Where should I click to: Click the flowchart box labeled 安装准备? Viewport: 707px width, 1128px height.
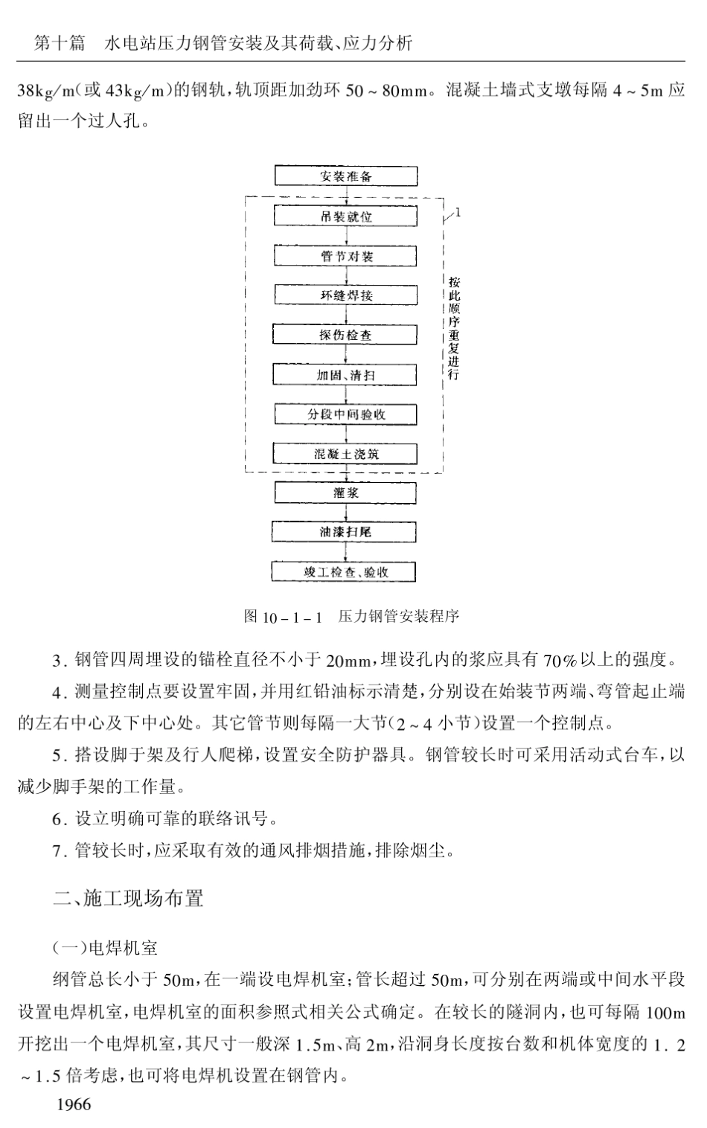tap(345, 176)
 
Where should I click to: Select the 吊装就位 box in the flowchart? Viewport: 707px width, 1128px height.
tap(345, 217)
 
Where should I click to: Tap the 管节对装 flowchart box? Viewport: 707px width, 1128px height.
tap(345, 256)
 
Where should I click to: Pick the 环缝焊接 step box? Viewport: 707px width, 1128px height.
tap(345, 295)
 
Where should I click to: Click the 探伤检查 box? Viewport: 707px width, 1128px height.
tap(345, 335)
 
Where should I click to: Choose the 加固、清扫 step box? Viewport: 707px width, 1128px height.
tap(345, 375)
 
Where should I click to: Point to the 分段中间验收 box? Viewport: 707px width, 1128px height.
tap(345, 414)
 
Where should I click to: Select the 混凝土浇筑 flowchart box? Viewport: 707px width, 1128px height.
tap(345, 454)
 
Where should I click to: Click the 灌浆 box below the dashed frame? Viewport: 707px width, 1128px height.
tap(345, 493)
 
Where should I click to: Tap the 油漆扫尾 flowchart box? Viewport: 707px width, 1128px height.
tap(345, 532)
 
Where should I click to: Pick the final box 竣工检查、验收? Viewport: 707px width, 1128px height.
tap(345, 571)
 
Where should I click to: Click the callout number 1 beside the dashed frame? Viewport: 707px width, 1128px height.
tap(458, 213)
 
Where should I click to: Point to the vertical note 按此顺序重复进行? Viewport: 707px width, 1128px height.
tap(454, 327)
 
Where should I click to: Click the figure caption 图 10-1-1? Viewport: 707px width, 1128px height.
tap(283, 617)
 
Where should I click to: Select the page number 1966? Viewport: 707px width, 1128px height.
tap(74, 1104)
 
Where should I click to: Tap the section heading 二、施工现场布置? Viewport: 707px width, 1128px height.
tap(128, 899)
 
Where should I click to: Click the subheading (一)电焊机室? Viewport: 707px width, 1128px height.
tap(105, 948)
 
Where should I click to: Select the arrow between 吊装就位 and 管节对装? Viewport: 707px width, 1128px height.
tap(346, 237)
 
